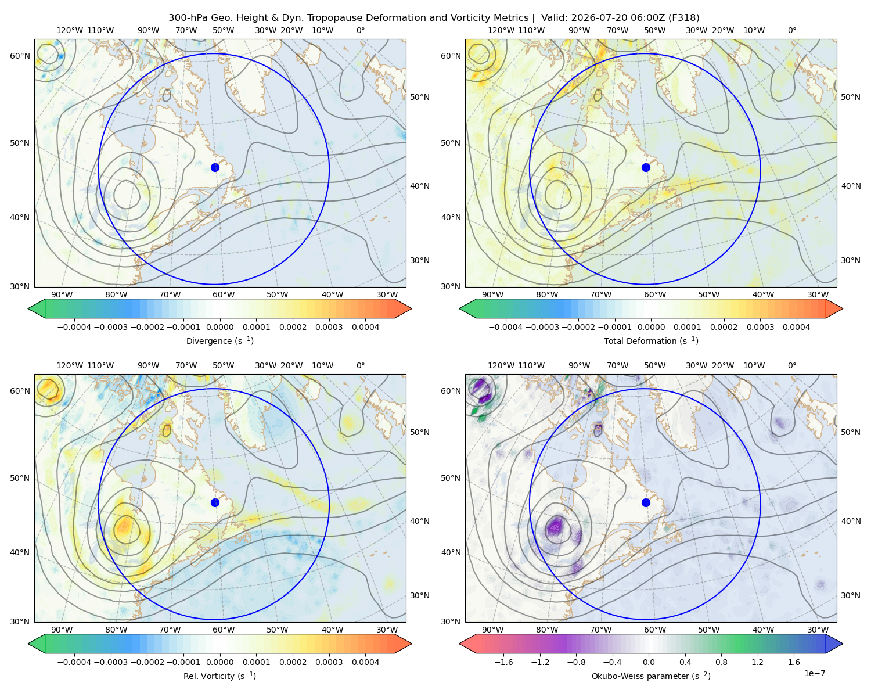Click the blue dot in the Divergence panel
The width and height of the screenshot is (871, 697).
click(x=215, y=167)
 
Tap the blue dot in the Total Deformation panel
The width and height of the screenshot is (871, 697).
click(x=646, y=167)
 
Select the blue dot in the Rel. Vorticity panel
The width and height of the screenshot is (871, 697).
click(x=215, y=502)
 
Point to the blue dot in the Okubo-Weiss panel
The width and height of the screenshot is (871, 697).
click(x=646, y=502)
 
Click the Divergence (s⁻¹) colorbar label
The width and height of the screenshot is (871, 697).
click(x=219, y=340)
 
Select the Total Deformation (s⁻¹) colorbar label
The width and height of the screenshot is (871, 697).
click(x=651, y=340)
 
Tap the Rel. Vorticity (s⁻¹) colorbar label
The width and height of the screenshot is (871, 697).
click(x=219, y=676)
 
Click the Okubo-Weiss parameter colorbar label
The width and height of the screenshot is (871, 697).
click(x=651, y=676)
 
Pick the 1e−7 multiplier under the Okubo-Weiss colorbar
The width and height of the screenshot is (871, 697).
click(x=814, y=673)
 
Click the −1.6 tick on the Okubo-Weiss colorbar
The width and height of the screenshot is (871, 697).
click(x=503, y=662)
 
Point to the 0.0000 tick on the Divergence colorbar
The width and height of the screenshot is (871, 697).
click(x=219, y=327)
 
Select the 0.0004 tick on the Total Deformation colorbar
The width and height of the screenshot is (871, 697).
click(x=796, y=327)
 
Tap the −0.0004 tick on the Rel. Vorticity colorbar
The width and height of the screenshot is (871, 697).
click(x=74, y=662)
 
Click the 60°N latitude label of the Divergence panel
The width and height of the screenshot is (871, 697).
click(x=20, y=56)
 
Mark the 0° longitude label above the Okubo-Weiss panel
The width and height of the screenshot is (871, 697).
click(x=791, y=365)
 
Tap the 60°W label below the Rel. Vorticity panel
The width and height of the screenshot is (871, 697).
click(x=224, y=630)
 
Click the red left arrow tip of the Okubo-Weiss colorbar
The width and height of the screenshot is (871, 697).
click(x=460, y=644)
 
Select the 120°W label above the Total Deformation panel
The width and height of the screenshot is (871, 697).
click(x=501, y=30)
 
